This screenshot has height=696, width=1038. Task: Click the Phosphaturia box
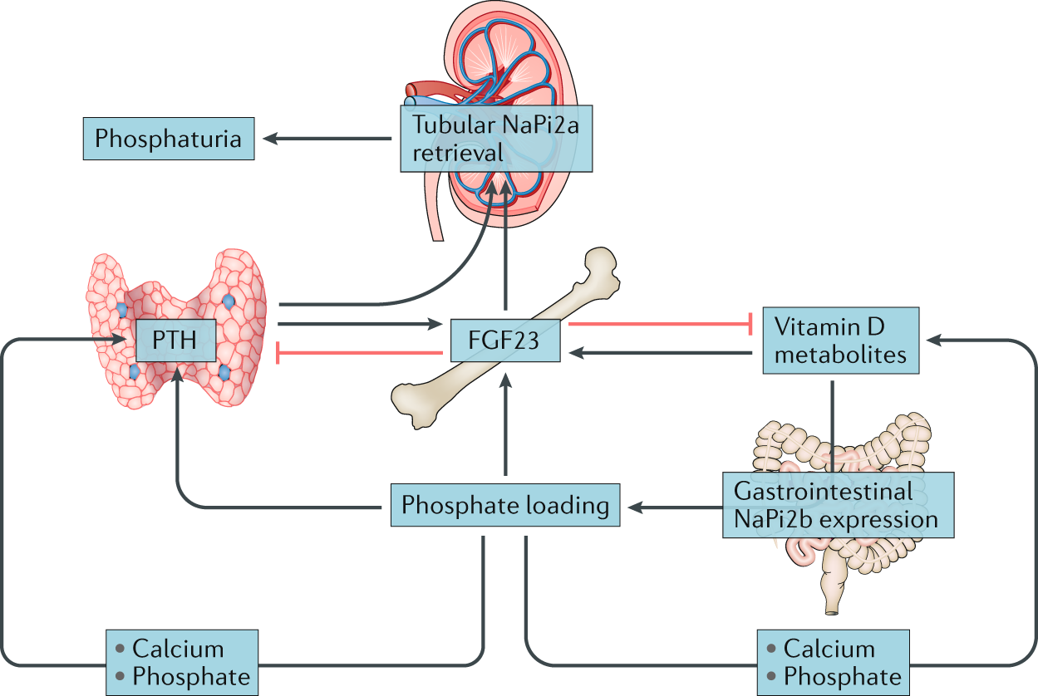click(168, 139)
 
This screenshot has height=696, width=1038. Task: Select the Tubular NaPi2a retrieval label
click(496, 139)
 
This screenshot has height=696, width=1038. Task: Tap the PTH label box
click(176, 341)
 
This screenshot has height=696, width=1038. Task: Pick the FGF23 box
click(505, 340)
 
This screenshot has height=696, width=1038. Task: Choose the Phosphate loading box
click(505, 504)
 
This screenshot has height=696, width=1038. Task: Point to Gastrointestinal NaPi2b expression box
click(837, 505)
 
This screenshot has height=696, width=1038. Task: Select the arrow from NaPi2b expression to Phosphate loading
click(673, 504)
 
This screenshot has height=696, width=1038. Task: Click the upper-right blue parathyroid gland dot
click(229, 301)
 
